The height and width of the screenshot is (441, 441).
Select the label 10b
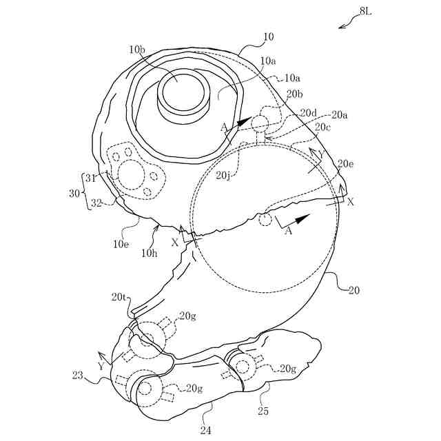[136, 50]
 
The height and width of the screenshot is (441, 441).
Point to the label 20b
[294, 94]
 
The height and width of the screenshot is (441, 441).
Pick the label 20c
[322, 127]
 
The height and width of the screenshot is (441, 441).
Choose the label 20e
[346, 163]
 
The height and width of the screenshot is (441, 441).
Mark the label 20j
[223, 176]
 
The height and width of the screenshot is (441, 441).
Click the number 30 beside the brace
[74, 194]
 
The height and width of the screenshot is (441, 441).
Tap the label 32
[96, 204]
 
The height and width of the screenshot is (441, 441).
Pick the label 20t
[118, 298]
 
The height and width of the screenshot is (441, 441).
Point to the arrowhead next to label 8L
[342, 27]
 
